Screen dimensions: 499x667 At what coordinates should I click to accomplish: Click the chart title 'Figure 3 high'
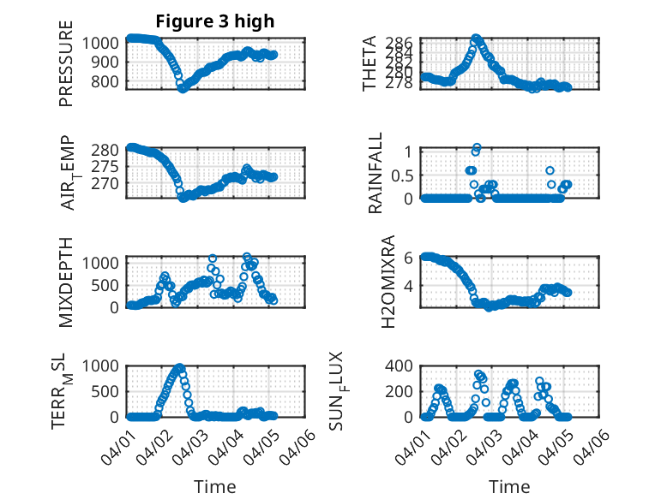coord(215,21)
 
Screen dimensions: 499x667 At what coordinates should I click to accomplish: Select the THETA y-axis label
coord(370,63)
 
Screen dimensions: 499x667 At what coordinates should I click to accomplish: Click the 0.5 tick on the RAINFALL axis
coord(403,175)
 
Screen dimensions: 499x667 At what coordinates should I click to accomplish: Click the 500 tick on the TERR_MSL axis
coord(109,391)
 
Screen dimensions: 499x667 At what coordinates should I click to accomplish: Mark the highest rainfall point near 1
coord(477,147)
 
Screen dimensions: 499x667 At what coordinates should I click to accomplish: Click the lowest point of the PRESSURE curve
coord(183,88)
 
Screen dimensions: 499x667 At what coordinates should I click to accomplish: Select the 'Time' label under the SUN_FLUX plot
coord(509,487)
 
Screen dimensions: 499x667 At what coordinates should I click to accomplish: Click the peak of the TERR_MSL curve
coord(180,367)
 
